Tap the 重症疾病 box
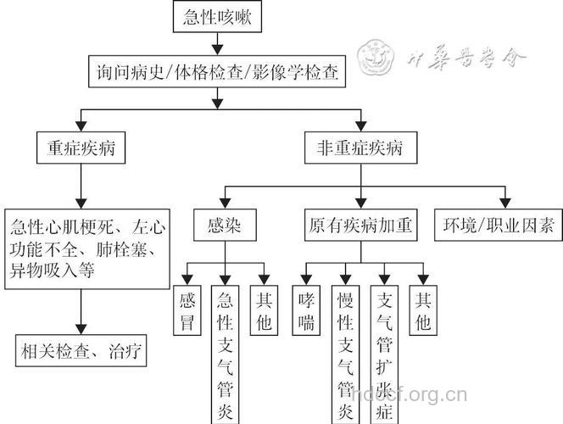point(81,150)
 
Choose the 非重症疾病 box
point(361,150)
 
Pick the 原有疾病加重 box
point(361,226)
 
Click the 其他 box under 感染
point(262,311)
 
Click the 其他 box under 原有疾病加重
point(421,311)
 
